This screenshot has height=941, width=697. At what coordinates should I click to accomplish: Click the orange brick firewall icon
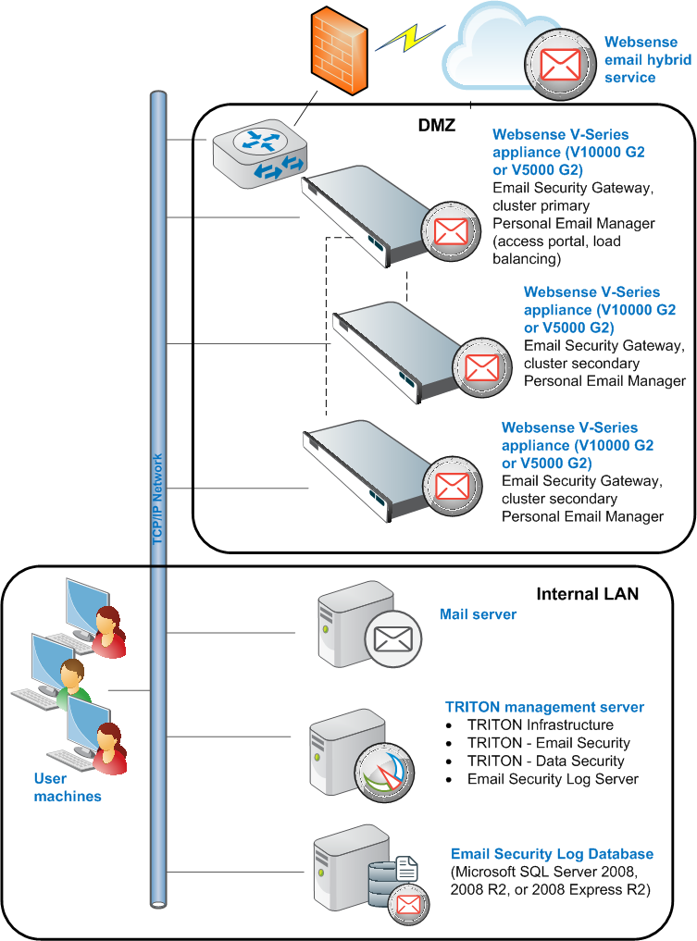[x=339, y=50]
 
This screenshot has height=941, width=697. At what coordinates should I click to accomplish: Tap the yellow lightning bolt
[x=410, y=38]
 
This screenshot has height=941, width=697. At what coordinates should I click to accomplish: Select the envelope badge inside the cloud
[x=560, y=64]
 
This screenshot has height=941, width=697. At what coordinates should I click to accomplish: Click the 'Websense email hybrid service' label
[x=648, y=59]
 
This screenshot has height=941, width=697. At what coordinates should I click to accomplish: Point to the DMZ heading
[x=437, y=125]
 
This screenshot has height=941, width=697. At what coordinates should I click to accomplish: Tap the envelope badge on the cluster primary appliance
[x=451, y=231]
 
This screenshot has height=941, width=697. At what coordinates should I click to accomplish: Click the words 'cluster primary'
[x=541, y=205]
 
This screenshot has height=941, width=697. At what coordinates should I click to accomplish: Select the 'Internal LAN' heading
[x=587, y=593]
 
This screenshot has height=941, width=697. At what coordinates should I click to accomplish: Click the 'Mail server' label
[x=478, y=614]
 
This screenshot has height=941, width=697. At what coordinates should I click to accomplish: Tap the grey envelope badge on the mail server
[x=393, y=639]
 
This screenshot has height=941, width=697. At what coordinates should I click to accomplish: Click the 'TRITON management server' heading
[x=544, y=707]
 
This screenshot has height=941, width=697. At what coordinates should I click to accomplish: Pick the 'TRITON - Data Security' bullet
[x=546, y=761]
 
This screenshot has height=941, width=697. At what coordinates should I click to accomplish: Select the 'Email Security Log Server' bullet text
[x=553, y=778]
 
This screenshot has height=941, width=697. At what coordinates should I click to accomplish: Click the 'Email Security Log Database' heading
[x=552, y=853]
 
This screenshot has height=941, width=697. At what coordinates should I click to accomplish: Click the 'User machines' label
[x=68, y=786]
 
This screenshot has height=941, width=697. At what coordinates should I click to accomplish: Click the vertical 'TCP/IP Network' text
[x=157, y=499]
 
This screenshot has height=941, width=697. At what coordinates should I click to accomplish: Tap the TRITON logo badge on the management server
[x=384, y=773]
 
